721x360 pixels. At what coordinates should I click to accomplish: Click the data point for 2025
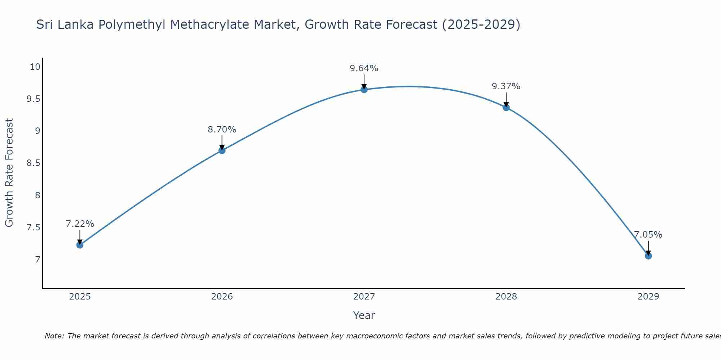(x=80, y=245)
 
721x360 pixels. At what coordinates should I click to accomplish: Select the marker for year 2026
(x=222, y=150)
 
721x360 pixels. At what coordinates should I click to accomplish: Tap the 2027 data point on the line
(x=364, y=90)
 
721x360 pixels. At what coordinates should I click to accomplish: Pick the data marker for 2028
(x=506, y=107)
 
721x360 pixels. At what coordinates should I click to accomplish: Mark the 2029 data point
(x=648, y=256)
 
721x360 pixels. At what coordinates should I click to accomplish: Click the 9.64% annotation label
(x=364, y=68)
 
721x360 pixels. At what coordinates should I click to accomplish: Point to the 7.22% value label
(x=80, y=224)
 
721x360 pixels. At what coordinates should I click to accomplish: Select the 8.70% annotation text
(x=222, y=130)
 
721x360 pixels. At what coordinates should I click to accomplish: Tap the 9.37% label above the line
(x=506, y=86)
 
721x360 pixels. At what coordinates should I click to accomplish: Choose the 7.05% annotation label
(x=648, y=235)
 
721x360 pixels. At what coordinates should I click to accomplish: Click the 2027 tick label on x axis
(x=364, y=297)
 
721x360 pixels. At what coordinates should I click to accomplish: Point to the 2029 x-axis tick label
(x=648, y=297)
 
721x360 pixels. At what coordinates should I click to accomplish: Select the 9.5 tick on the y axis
(x=33, y=99)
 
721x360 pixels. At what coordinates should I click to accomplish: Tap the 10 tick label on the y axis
(x=35, y=67)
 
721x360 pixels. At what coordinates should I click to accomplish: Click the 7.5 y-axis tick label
(x=33, y=228)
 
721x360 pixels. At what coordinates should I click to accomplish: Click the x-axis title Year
(x=364, y=315)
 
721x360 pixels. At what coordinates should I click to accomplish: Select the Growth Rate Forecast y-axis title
(x=9, y=173)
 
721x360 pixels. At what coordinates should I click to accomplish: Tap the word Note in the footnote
(x=54, y=336)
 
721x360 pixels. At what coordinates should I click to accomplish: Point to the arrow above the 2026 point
(x=222, y=142)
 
